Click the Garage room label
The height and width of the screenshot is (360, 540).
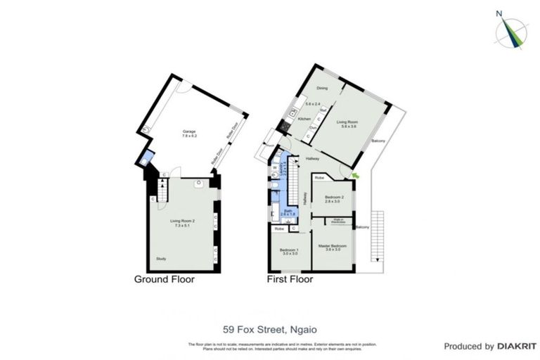189,131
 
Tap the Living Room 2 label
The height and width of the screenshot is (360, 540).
181,221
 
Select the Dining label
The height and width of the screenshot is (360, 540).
322,88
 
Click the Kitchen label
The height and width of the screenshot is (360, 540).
304,119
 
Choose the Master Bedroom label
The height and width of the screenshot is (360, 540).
331,246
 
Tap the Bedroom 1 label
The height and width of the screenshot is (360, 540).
289,251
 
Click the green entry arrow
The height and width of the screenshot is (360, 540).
355,174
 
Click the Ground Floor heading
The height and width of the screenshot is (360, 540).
165,279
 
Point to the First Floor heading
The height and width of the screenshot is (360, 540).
290,279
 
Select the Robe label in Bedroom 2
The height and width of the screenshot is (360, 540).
319,179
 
